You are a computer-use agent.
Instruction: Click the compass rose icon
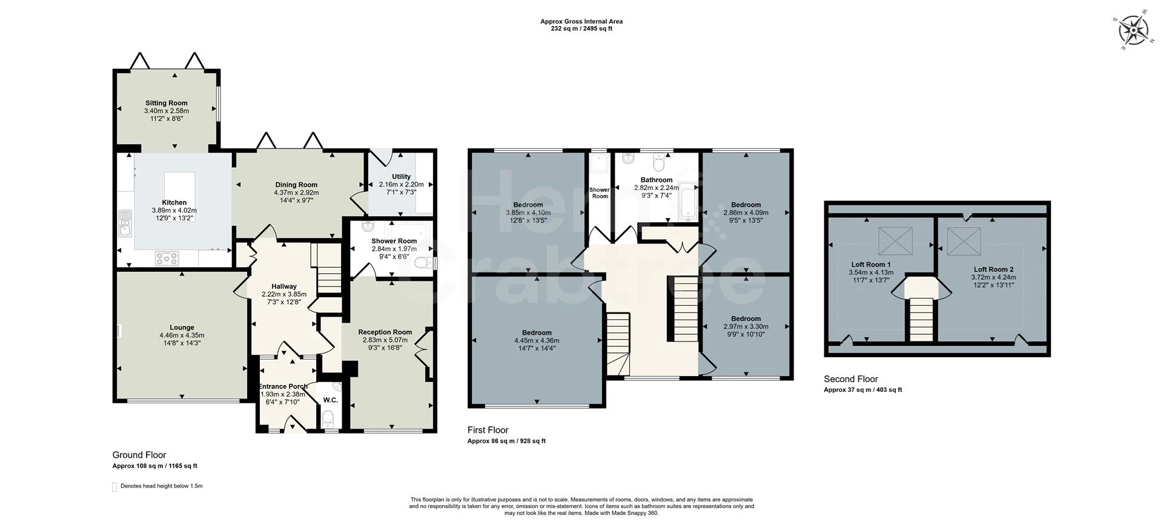1132,30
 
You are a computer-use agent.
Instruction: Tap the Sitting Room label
166,103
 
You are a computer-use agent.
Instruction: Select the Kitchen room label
174,202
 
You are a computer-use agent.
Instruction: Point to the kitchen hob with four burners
167,259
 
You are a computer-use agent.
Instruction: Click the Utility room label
401,177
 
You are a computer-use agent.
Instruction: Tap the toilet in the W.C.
328,418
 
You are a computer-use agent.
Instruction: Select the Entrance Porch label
283,386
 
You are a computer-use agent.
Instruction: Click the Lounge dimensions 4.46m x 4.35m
182,335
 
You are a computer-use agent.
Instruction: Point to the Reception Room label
385,332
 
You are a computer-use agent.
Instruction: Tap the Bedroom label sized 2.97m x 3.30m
746,319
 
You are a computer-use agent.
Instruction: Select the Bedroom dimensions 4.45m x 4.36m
537,340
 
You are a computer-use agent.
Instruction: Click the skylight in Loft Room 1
895,241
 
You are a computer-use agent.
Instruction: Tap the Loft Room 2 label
993,269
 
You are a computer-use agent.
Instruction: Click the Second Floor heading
850,379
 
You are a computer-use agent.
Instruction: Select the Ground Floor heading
139,455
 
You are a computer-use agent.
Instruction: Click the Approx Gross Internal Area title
581,21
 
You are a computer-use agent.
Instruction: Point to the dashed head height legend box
114,487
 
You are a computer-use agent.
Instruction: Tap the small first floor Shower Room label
600,193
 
